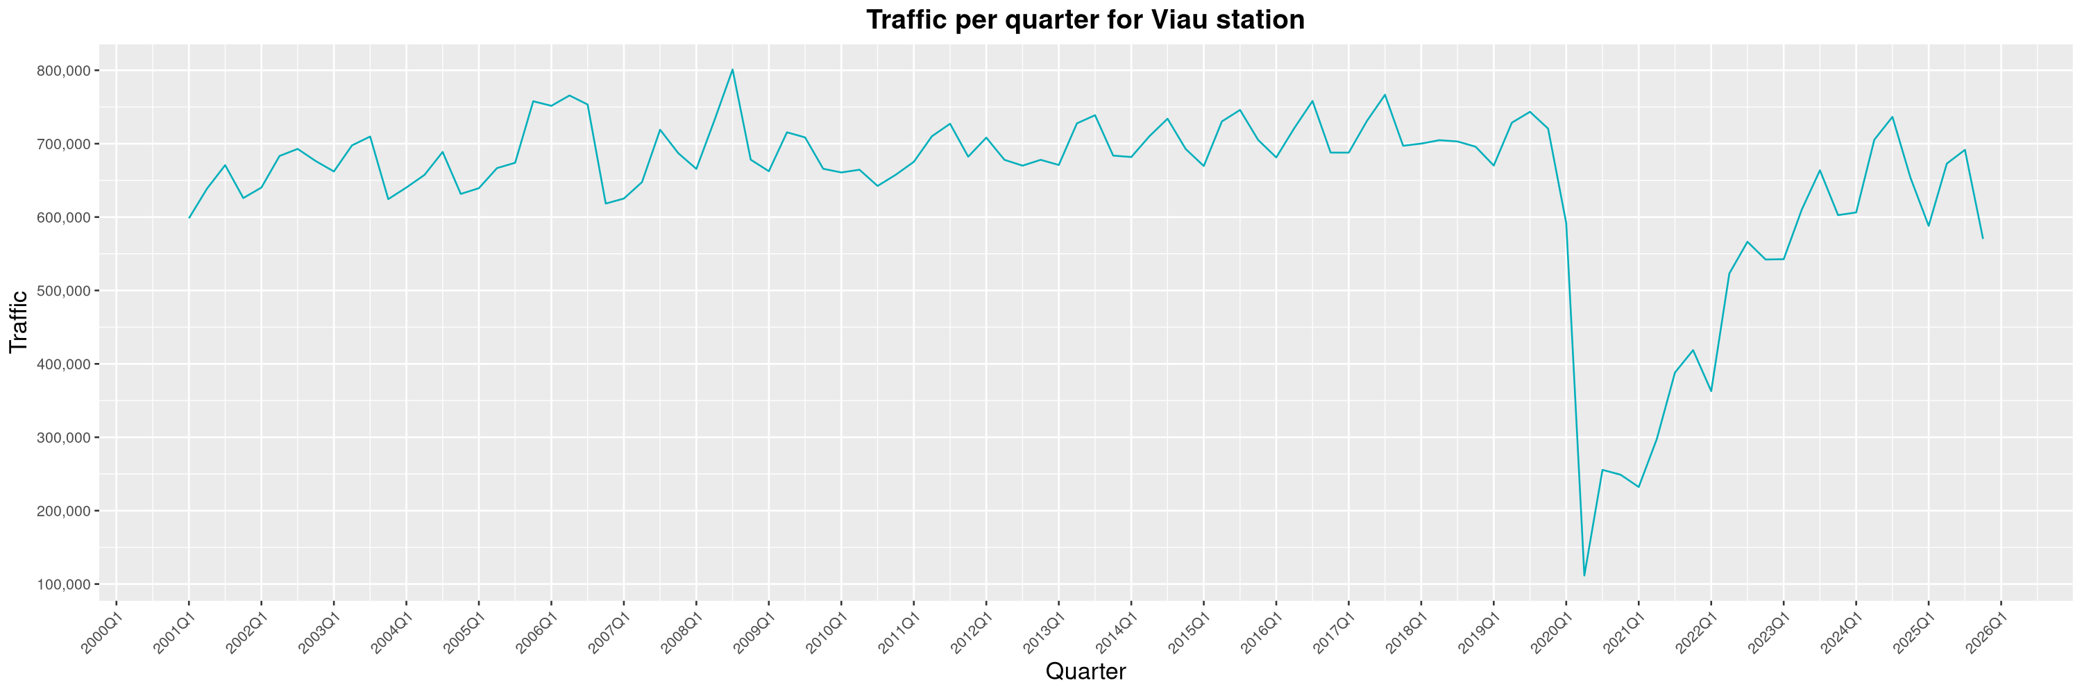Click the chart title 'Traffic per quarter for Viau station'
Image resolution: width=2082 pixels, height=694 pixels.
coord(1085,19)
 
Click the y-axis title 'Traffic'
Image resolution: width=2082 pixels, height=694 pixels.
coord(19,321)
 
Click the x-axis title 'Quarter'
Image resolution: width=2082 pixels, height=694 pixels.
coord(1085,671)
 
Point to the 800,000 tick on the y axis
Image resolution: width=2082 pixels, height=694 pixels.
coord(64,71)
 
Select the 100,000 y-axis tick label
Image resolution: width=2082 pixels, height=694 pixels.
coord(64,584)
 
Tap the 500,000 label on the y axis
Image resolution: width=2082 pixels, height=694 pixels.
coord(64,291)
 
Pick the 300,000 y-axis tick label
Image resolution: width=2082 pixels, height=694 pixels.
coord(64,438)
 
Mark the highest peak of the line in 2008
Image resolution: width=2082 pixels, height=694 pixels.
coord(732,69)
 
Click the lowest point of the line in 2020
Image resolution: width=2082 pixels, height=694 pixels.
coord(1584,575)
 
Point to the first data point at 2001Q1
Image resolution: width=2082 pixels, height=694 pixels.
coord(189,217)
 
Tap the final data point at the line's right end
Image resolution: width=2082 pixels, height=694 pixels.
coord(1983,237)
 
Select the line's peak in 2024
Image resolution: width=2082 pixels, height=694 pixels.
coord(1892,117)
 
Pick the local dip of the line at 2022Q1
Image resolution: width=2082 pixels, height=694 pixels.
coord(1711,391)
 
